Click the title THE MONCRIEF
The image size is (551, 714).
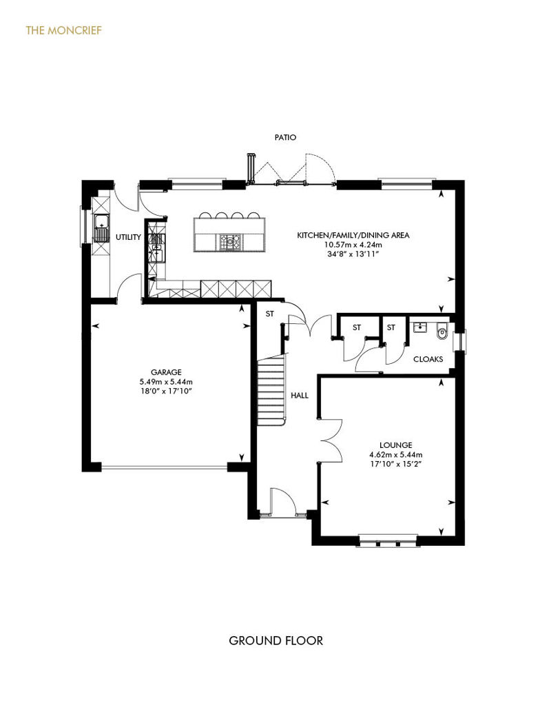coord(63,30)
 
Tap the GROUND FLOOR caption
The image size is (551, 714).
coord(275,641)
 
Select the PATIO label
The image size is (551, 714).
coord(285,137)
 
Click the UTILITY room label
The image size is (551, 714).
coord(128,237)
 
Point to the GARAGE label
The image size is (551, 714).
coord(166,372)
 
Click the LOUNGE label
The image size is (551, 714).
coord(396,445)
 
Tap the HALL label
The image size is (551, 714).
coord(300,396)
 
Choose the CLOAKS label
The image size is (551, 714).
coord(428,359)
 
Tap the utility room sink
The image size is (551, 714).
coord(101,227)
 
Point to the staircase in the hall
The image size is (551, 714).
coord(271,390)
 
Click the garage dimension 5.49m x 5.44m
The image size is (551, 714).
coord(166,382)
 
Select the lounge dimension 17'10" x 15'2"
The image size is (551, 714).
coord(396,464)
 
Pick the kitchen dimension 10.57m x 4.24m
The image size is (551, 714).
coord(353,245)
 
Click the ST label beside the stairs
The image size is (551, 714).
coord(270,314)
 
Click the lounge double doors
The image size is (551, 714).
coord(331,441)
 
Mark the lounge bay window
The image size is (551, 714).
coord(388,540)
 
